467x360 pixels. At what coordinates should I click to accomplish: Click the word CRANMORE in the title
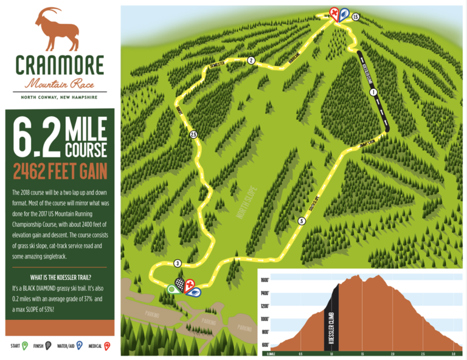[60, 65]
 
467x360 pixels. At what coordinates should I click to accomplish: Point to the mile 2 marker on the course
[251, 60]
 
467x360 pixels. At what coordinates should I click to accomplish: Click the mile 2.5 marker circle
[193, 134]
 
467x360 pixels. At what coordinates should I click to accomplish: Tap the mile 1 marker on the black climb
[373, 92]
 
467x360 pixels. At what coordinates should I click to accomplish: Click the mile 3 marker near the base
[177, 263]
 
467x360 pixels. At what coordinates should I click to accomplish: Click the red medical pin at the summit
[334, 13]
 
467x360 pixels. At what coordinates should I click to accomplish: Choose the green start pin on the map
[171, 289]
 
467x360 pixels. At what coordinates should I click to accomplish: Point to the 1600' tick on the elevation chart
[265, 280]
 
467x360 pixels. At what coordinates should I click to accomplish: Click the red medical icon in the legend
[107, 347]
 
